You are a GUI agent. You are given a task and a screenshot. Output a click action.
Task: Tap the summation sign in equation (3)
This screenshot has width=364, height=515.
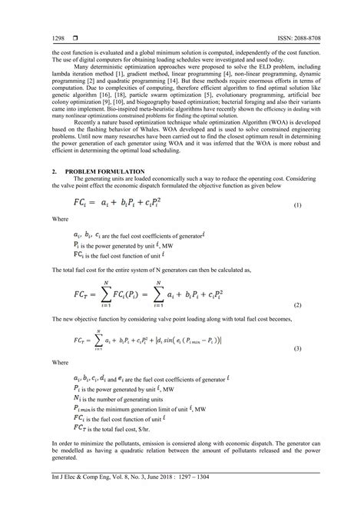point(99,339)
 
